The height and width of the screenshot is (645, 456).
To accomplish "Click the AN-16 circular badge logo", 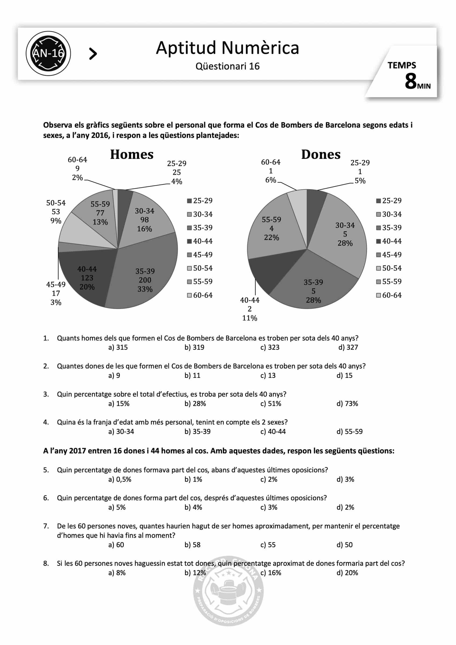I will (48, 53).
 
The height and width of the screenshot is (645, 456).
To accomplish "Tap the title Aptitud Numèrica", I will (227, 48).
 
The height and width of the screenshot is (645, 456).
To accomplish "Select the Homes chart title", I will (132, 155).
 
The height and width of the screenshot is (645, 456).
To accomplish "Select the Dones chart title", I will (320, 155).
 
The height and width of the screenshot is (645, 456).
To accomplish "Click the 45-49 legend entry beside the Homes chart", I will (200, 255).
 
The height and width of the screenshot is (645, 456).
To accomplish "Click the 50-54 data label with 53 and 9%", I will (56, 212).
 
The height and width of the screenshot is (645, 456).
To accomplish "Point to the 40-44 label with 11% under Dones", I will (250, 309).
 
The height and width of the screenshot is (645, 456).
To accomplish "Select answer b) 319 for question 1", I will (194, 347).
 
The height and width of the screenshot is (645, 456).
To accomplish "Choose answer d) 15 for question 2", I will (344, 376).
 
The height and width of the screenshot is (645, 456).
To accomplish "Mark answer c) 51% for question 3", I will (270, 404).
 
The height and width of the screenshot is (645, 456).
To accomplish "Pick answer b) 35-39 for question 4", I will (197, 432).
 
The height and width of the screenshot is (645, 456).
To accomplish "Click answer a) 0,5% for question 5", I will (120, 479).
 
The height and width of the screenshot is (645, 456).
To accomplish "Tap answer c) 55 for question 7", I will (268, 545).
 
